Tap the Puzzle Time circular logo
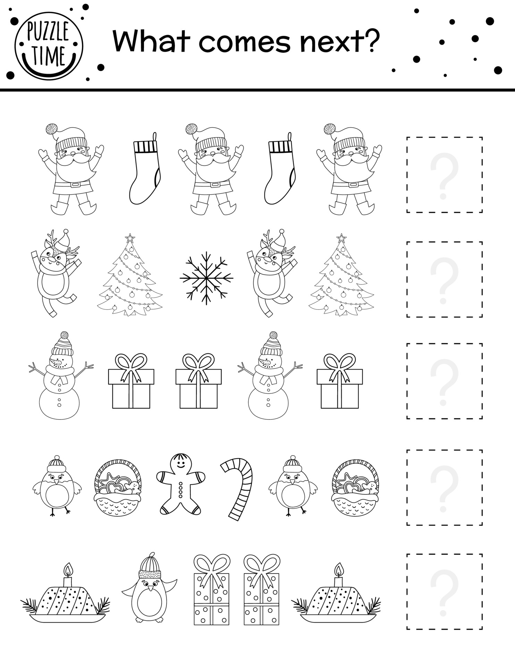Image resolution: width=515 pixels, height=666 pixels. click(x=49, y=45)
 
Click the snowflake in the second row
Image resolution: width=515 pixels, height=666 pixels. click(x=206, y=278)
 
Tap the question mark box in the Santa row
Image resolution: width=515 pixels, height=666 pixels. click(x=444, y=175)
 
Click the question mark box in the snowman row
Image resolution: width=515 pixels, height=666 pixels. click(x=444, y=381)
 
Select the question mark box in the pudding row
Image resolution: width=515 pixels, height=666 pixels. click(x=444, y=591)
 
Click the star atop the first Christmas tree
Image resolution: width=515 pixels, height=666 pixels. click(x=130, y=238)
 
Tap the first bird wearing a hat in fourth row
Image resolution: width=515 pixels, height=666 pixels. click(x=57, y=486)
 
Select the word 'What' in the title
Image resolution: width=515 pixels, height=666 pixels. click(x=151, y=42)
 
